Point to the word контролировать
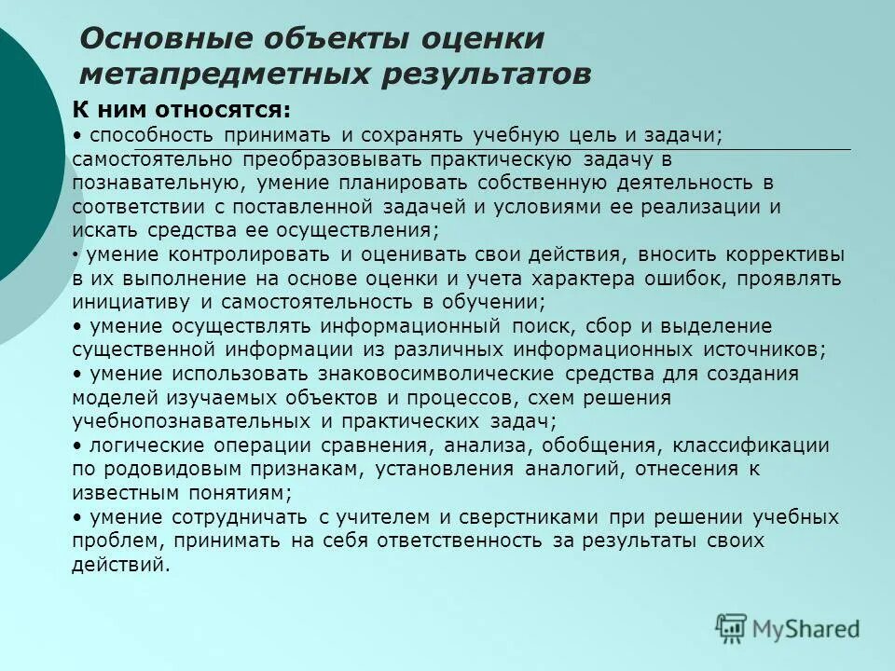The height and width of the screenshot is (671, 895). [248, 254]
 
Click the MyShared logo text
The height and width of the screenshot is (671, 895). [805, 629]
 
